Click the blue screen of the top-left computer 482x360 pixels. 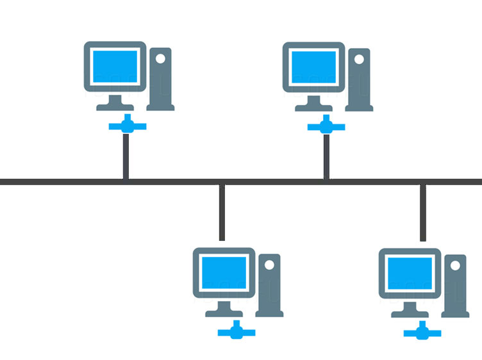tap(115, 67)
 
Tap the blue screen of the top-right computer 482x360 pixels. tap(313, 67)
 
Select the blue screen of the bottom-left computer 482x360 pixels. tap(224, 273)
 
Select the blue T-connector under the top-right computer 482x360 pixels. tap(326, 126)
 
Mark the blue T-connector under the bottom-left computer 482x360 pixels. tap(237, 331)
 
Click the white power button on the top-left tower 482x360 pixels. tap(160, 58)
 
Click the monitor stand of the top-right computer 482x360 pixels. tap(313, 102)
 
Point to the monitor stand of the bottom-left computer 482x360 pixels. tap(224, 309)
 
